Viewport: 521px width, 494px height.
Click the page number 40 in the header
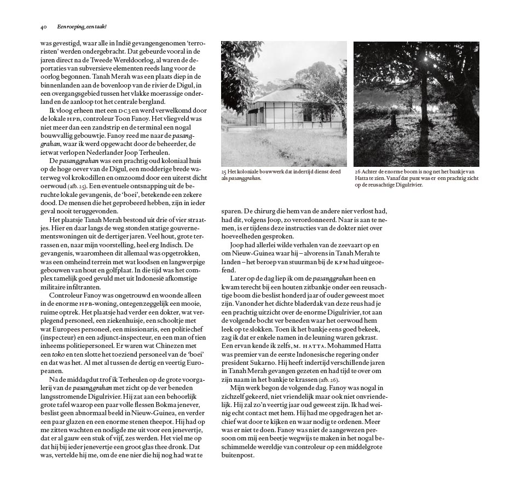[43, 26]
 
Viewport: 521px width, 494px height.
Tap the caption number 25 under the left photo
[224, 172]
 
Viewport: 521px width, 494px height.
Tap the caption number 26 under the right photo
[357, 172]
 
